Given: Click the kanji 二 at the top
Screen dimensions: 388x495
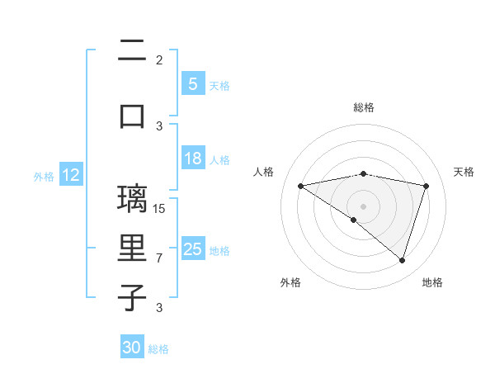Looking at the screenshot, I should (x=132, y=51).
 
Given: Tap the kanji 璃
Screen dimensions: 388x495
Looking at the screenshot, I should (x=132, y=199).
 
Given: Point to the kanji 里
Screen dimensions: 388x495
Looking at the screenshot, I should (x=132, y=248).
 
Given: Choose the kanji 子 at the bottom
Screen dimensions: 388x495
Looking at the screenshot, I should (x=132, y=296).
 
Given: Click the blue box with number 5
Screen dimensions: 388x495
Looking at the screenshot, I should (x=192, y=83).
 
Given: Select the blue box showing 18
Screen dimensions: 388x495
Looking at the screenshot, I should (x=192, y=159).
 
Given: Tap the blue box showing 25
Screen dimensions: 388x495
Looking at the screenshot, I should (x=193, y=249).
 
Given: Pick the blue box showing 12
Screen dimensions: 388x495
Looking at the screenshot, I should (x=70, y=175).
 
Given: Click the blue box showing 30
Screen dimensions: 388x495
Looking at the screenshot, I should (x=131, y=348).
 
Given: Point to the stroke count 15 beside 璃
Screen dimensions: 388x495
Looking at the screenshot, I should (x=159, y=208).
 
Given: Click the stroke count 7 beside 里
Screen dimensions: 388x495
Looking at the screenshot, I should (x=159, y=258).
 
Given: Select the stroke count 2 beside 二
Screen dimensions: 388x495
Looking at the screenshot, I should (x=159, y=59).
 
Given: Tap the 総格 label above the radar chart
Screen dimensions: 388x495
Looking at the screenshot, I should (x=364, y=107).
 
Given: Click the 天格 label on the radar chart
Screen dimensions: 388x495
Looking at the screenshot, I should (x=464, y=172).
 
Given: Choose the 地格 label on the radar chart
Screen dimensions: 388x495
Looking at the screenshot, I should (x=432, y=282).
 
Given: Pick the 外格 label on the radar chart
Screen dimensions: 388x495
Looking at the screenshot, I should (x=290, y=282).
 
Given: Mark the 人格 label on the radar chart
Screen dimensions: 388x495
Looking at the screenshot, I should (x=264, y=172).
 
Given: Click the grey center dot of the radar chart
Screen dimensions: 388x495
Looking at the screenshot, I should (x=363, y=206).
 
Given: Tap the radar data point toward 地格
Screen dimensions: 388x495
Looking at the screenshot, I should (x=402, y=260).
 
